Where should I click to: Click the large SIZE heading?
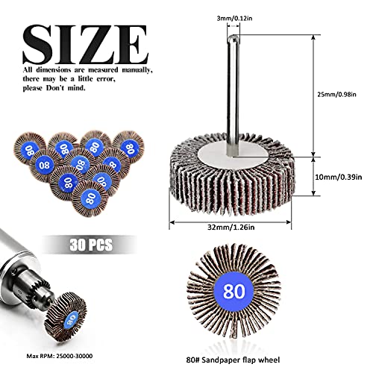tap(86, 44)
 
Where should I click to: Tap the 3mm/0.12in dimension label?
tap(234, 19)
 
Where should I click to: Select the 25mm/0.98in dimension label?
tap(336, 95)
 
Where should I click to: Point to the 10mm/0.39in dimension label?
tap(339, 178)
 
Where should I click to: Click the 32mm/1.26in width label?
tap(231, 228)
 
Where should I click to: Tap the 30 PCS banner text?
tap(91, 245)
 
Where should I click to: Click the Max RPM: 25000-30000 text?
tap(60, 356)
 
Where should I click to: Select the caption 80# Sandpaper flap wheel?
tap(233, 360)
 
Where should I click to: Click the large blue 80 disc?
tap(233, 291)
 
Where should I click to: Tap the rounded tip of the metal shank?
tap(233, 38)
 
